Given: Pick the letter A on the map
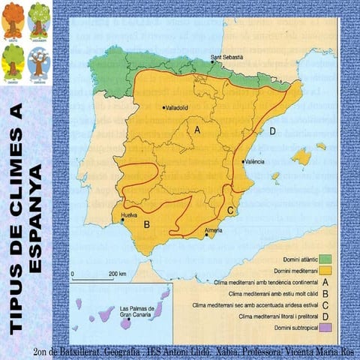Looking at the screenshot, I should [x=197, y=130].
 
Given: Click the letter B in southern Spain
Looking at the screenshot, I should [x=148, y=223].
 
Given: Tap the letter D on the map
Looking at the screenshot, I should [x=272, y=131].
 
